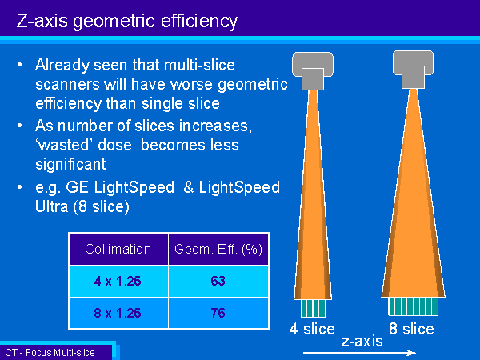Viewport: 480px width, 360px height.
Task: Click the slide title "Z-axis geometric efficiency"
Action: click(x=126, y=22)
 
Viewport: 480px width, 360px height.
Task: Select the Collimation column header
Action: click(x=118, y=249)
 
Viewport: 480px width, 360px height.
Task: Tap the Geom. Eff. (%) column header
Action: click(x=218, y=250)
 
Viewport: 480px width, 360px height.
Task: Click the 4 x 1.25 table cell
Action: click(x=118, y=281)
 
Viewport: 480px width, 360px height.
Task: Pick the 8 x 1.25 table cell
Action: click(x=118, y=313)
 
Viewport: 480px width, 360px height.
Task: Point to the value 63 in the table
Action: click(x=218, y=281)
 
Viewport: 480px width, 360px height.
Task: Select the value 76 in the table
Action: click(x=218, y=313)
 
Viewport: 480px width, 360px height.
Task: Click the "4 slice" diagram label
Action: click(x=312, y=329)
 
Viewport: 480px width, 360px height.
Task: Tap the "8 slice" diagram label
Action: click(x=411, y=329)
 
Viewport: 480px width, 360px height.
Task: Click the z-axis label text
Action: click(x=362, y=341)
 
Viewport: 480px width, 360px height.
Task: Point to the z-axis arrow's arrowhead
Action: click(x=412, y=353)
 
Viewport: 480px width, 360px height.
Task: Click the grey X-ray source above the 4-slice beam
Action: click(x=313, y=71)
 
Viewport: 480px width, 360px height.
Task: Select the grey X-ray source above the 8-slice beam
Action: click(x=414, y=70)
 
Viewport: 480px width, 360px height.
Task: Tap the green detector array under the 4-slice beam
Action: click(x=313, y=308)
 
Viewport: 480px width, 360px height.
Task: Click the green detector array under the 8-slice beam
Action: click(x=414, y=306)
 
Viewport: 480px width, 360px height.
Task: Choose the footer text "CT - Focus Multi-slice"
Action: click(x=50, y=353)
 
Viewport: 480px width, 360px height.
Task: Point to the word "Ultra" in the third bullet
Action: click(x=52, y=206)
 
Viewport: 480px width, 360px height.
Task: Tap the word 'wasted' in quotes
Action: click(x=64, y=145)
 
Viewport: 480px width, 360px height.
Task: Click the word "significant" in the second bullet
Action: click(x=70, y=165)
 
